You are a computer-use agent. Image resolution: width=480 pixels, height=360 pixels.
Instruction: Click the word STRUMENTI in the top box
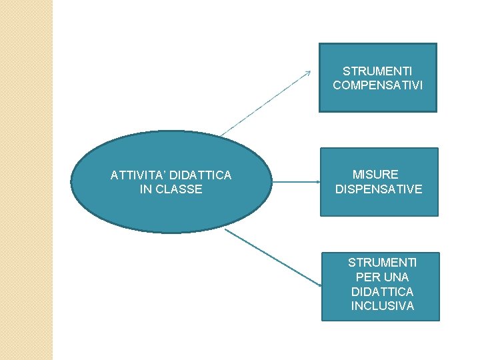coord(377,71)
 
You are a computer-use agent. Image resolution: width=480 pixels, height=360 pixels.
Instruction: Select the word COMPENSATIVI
coord(377,85)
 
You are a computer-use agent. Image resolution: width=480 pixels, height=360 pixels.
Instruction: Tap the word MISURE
coord(375,175)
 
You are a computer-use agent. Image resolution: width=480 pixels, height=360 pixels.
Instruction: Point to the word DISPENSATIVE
coord(379,189)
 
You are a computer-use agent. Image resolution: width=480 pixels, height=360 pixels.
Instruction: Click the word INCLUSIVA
coord(383,306)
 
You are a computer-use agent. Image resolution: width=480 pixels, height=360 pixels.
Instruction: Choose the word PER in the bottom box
coord(365,277)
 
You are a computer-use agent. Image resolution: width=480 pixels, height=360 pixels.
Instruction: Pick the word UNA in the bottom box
coord(397,277)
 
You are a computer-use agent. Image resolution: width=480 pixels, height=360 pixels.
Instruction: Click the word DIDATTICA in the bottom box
coord(383,291)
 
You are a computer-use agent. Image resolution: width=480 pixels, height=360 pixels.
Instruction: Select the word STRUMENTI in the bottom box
coord(383,262)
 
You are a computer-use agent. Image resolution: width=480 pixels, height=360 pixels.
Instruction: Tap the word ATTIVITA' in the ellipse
coord(138,175)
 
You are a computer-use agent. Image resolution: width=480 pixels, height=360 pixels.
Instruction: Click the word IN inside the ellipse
coord(146,189)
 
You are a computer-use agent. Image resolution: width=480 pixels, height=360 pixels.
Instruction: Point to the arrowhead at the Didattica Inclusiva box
coord(319,285)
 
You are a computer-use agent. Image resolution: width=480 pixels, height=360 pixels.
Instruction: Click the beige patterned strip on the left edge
coord(26,180)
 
